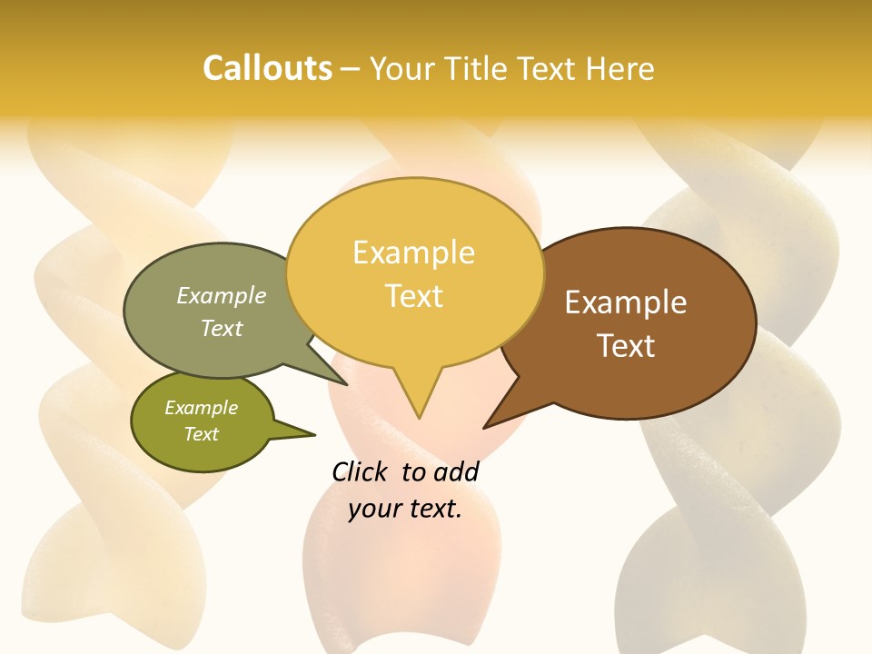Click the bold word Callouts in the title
click(267, 68)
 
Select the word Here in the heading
click(622, 68)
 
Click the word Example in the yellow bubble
click(413, 253)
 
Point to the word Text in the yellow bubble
click(414, 296)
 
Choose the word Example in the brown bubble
click(626, 302)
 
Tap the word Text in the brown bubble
click(626, 346)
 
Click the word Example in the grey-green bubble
click(221, 295)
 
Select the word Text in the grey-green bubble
click(221, 328)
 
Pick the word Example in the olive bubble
click(201, 408)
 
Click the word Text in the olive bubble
click(201, 434)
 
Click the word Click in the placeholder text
click(360, 471)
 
